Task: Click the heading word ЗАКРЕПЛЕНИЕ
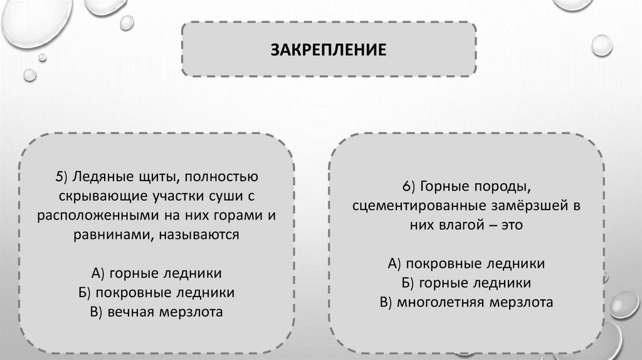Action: pyautogui.click(x=329, y=48)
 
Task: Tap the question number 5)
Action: pyautogui.click(x=60, y=177)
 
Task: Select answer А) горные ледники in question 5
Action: pyautogui.click(x=156, y=273)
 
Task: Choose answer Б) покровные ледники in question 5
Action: pyautogui.click(x=156, y=292)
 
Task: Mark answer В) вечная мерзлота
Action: pyautogui.click(x=156, y=312)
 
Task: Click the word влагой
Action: pyautogui.click(x=457, y=225)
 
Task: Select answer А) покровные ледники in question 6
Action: pyautogui.click(x=466, y=263)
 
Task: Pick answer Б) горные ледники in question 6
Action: pyautogui.click(x=466, y=283)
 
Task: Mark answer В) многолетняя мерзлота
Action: pyautogui.click(x=466, y=302)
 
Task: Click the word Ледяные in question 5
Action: pyautogui.click(x=98, y=177)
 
